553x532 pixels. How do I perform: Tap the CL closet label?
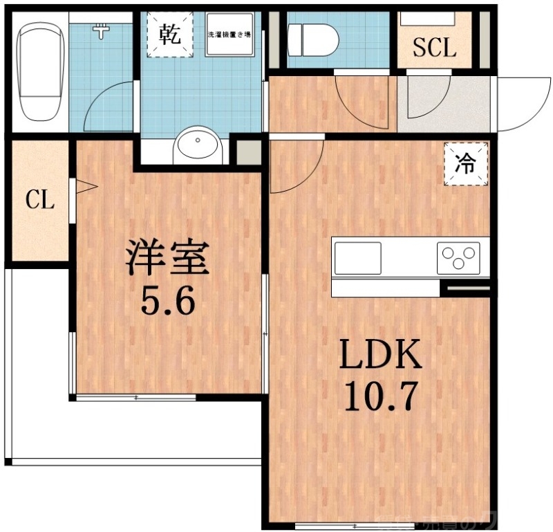coord(39,201)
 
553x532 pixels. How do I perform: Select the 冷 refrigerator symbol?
coord(467,164)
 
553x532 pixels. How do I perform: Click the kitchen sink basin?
coord(357,258)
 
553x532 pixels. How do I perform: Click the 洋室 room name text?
coord(166,259)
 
